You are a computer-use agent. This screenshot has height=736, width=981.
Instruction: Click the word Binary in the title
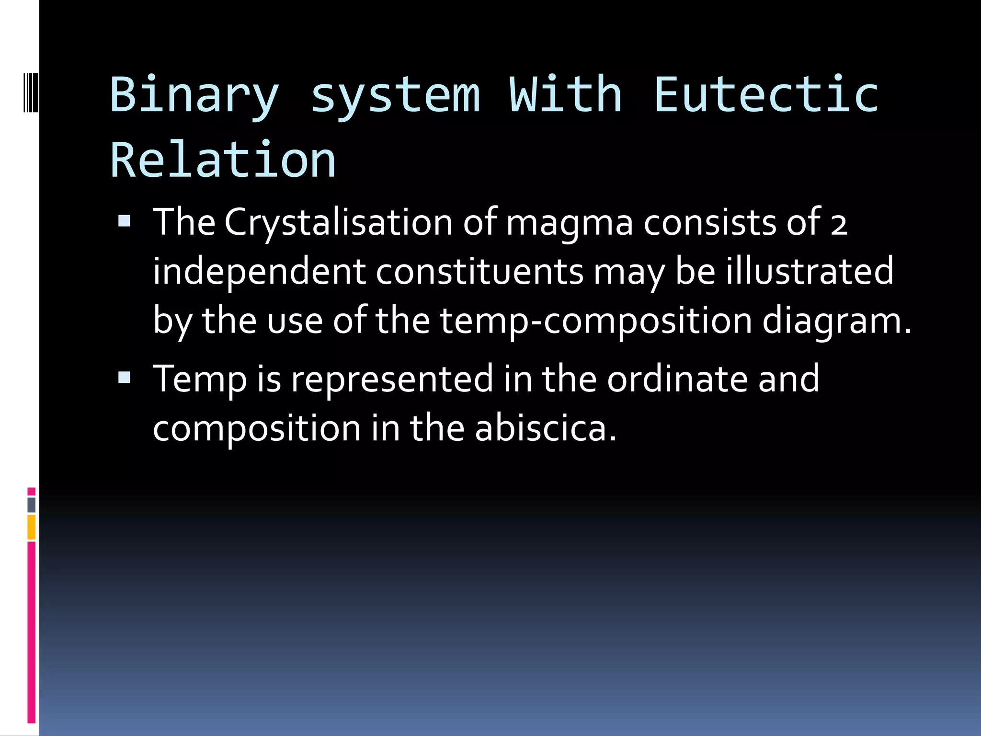point(194,96)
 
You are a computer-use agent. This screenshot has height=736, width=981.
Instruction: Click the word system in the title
point(395,96)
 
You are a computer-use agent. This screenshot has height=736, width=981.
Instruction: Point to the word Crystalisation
point(338,223)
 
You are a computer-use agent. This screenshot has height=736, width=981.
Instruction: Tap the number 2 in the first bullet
point(839,224)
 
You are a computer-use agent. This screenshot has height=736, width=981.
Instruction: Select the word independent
point(259,272)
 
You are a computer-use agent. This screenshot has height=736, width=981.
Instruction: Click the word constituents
point(479,272)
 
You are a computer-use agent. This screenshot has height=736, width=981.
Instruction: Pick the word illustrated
point(809,271)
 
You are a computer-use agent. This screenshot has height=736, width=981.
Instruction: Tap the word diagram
point(836,321)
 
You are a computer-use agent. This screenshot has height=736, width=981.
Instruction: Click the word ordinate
point(677,379)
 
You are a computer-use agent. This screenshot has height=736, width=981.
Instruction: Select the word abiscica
point(546,428)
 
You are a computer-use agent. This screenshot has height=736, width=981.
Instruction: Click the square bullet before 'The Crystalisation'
point(125,221)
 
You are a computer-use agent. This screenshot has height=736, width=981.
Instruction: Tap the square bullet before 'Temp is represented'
point(125,377)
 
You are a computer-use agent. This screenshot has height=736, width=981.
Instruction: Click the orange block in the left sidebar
point(32,527)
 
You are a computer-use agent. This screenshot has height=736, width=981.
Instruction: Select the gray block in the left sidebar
point(32,505)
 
